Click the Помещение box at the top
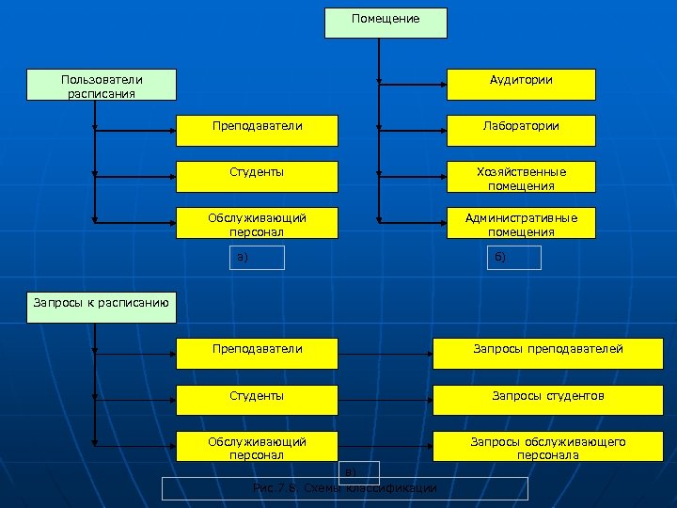click(386, 23)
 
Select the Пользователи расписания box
click(102, 86)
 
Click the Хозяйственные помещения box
click(521, 177)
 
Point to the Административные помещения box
click(521, 223)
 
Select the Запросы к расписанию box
click(101, 303)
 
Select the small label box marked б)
click(513, 258)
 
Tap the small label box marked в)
click(359, 470)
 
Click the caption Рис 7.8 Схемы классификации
click(345, 488)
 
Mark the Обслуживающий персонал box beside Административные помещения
click(257, 223)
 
